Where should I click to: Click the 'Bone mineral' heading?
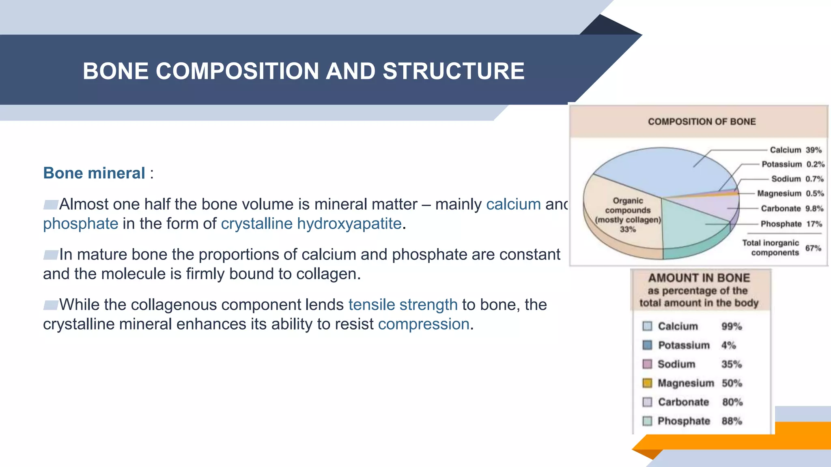(94, 173)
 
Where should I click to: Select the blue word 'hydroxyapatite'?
(349, 224)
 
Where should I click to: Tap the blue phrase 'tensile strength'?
(403, 305)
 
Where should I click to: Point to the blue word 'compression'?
(424, 324)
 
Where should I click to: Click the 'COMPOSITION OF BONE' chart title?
(702, 122)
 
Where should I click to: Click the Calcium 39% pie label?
(795, 150)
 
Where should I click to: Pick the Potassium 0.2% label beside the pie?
(792, 164)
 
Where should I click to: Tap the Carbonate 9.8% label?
(792, 208)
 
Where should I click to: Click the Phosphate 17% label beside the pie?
(791, 224)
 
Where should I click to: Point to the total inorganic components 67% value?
(813, 248)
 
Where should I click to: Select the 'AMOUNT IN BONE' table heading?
(699, 278)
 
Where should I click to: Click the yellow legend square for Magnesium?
(647, 383)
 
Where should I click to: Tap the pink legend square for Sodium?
(647, 364)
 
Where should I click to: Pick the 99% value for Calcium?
(731, 326)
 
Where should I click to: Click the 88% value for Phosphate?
(732, 421)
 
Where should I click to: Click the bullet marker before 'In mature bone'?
(51, 255)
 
